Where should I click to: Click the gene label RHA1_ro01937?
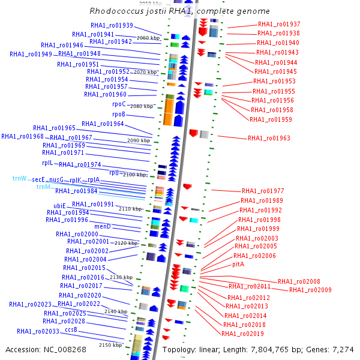coord(279,24)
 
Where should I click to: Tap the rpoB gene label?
coord(118,114)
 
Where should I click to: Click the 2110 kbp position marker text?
coord(130,209)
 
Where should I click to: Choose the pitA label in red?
coord(238,264)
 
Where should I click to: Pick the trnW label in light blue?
coord(20,179)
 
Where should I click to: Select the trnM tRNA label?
coord(43,187)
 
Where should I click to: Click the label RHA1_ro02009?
coord(310,290)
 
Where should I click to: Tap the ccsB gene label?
coord(71,329)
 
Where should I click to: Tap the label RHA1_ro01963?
coord(269,139)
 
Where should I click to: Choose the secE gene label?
coord(38,179)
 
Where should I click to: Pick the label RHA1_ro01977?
coord(263,191)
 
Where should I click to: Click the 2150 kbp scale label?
coord(110,346)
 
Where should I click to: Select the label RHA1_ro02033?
coord(38,331)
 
